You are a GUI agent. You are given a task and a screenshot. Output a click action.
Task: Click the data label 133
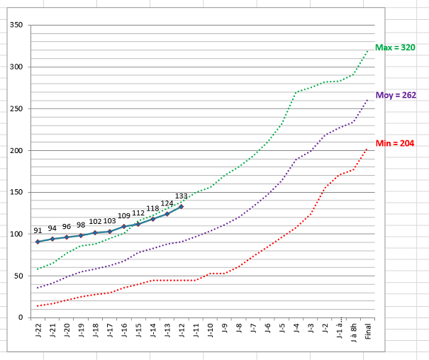tap(181, 196)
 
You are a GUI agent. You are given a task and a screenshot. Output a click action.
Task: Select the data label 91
tap(38, 231)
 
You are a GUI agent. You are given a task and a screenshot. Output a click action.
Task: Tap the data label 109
tap(123, 215)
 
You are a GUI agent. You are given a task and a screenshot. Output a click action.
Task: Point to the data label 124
tap(167, 203)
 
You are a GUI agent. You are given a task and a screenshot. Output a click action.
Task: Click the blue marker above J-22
tap(38, 242)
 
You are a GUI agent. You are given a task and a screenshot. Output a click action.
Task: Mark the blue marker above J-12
tap(182, 206)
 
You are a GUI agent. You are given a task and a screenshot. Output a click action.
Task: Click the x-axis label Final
tap(368, 330)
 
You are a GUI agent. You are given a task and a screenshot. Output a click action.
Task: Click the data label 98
tap(81, 225)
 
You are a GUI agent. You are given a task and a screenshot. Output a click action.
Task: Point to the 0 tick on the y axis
tap(22, 317)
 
